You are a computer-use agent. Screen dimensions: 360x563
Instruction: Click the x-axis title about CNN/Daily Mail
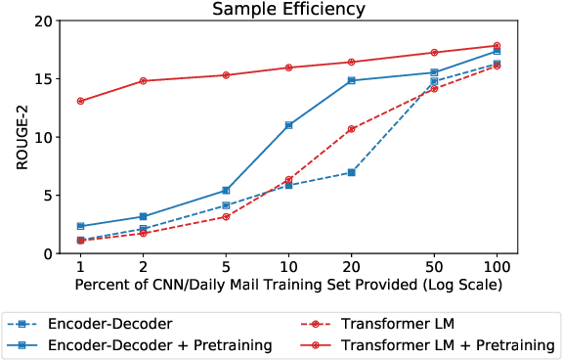pyautogui.click(x=286, y=285)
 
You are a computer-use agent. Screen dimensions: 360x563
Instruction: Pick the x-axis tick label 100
pyautogui.click(x=497, y=267)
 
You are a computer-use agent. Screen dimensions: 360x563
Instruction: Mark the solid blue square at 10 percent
pyautogui.click(x=288, y=125)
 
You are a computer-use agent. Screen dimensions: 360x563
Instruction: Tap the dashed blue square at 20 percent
pyautogui.click(x=352, y=172)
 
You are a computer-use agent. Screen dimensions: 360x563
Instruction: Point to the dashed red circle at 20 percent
pyautogui.click(x=352, y=129)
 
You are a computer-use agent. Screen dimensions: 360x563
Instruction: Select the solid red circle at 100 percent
pyautogui.click(x=497, y=46)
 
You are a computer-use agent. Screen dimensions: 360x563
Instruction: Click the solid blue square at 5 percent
pyautogui.click(x=226, y=191)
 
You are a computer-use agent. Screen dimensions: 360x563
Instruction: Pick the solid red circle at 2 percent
pyautogui.click(x=143, y=81)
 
